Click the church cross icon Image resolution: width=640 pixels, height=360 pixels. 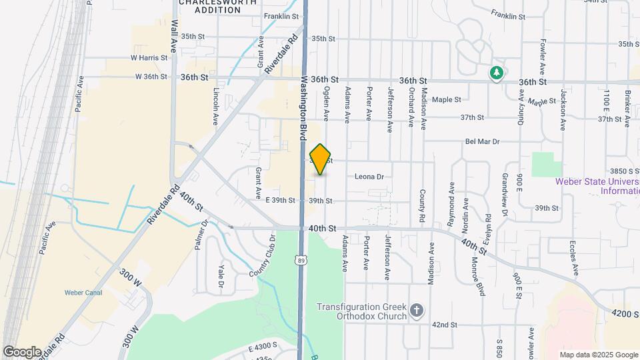click(417, 311)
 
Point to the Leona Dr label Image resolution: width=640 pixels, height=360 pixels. click(369, 177)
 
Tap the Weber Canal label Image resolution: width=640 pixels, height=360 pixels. click(83, 292)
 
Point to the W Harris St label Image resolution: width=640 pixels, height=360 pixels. click(149, 57)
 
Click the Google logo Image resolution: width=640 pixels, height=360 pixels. click(22, 351)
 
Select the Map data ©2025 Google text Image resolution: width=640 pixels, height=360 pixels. click(598, 355)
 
